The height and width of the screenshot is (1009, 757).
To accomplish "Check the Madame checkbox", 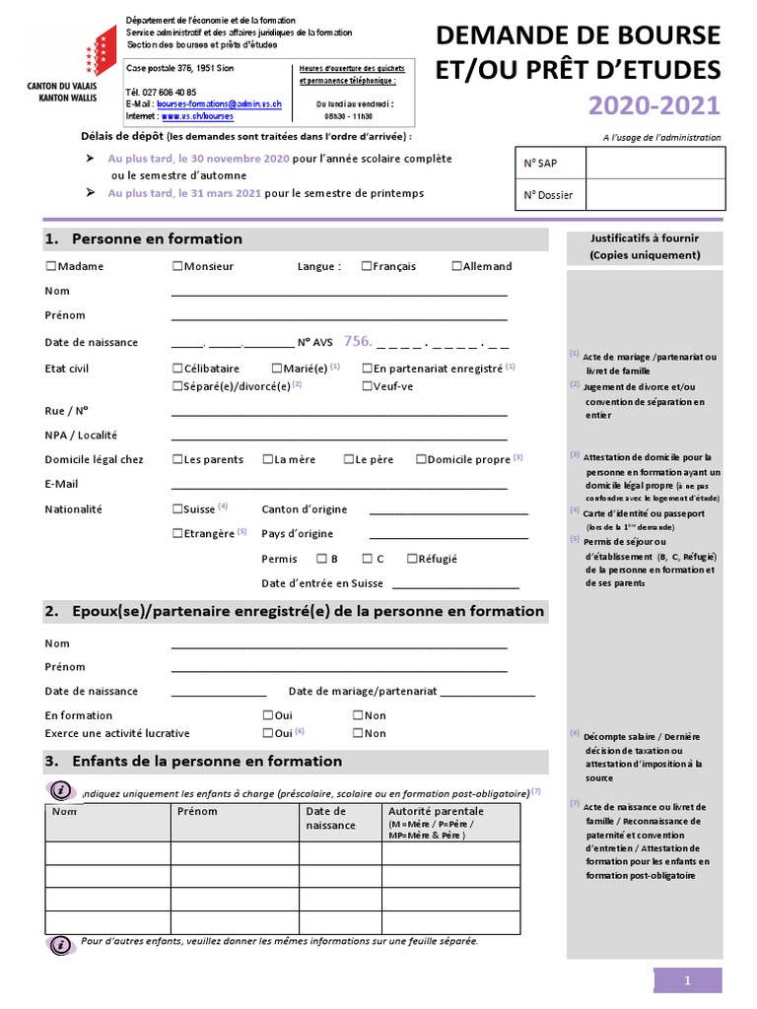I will tap(50, 266).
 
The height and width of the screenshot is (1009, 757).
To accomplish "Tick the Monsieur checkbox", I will tap(177, 266).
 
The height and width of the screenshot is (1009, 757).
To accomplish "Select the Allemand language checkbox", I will tap(457, 266).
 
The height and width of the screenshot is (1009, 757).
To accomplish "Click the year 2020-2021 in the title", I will tap(654, 105).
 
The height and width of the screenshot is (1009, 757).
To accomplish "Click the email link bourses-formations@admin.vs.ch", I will tap(220, 103).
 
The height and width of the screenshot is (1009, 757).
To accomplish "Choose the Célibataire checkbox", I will tap(177, 369).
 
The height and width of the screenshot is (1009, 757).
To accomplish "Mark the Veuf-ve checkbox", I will tap(367, 386).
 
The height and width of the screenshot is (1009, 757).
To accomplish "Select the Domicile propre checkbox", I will tap(421, 459).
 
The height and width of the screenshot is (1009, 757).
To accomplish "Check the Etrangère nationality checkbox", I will tap(177, 533).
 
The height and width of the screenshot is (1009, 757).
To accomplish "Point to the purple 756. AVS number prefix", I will tap(357, 342).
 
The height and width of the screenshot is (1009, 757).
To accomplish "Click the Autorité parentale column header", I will tap(436, 811).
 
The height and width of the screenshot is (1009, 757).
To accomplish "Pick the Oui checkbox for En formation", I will tap(267, 715).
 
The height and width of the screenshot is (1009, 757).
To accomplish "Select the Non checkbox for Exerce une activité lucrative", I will tap(358, 733).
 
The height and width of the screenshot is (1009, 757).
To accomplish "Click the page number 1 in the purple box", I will tap(688, 979).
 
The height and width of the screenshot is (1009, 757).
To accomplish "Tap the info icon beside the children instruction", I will tap(61, 790).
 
